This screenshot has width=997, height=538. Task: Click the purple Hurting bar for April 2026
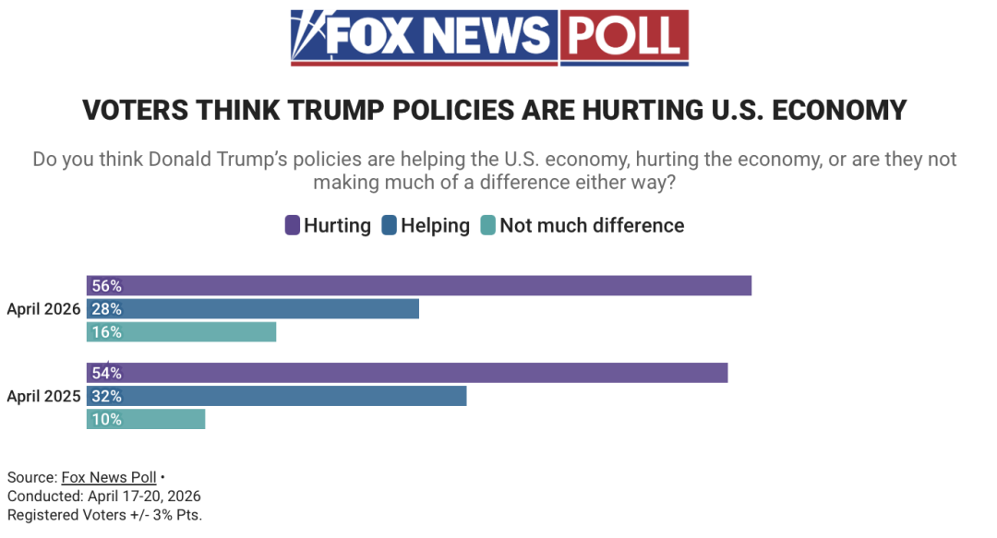tap(419, 286)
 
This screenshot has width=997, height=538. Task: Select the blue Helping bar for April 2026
tap(253, 309)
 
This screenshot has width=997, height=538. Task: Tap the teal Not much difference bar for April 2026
tap(182, 332)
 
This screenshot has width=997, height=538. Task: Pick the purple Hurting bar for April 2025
tap(407, 373)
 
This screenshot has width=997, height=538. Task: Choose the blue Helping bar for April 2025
tap(277, 396)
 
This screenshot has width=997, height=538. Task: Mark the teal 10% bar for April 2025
tap(146, 419)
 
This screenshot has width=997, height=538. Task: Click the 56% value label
tap(107, 286)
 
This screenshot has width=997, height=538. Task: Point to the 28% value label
tap(107, 309)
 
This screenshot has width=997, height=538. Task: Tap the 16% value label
tap(107, 332)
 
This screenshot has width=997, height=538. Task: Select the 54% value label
tap(107, 373)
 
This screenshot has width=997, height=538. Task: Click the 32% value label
tap(107, 396)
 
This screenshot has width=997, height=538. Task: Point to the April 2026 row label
tap(43, 309)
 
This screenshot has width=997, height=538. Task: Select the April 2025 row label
tap(43, 397)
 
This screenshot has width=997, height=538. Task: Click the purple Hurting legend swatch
tap(293, 225)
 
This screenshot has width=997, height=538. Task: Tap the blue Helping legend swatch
tap(389, 225)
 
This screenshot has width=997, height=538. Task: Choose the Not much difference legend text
tap(592, 225)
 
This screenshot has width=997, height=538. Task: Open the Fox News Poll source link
tap(109, 477)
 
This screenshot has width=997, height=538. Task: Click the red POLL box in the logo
tap(623, 37)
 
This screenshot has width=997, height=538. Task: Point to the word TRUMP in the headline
tap(338, 111)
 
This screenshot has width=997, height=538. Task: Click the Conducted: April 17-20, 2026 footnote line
tap(103, 496)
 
